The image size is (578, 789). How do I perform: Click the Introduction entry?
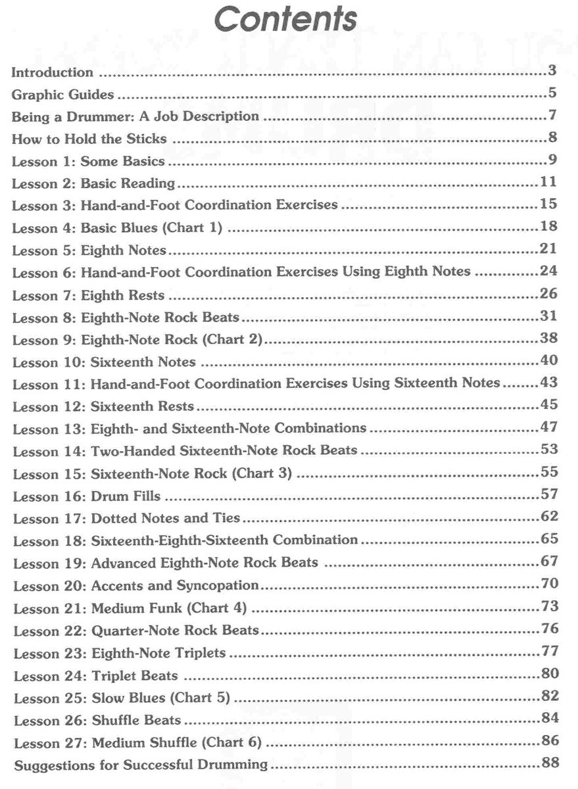53,72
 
